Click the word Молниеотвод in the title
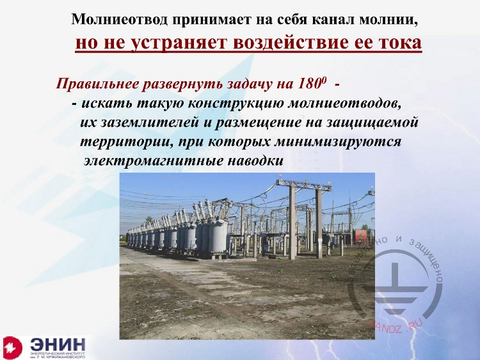click(x=110, y=19)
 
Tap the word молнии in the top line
click(x=394, y=19)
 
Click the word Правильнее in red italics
click(x=96, y=84)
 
